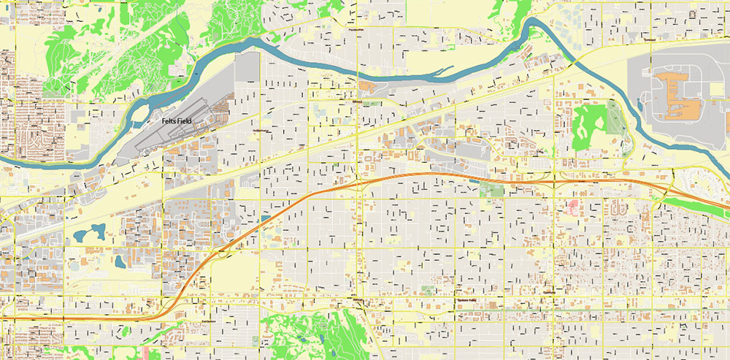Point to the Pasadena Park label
pos(356,30)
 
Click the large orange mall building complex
pos(676,96)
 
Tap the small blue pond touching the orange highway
pos(263,218)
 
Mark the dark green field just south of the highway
pos(492,189)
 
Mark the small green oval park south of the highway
pos(428,290)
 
